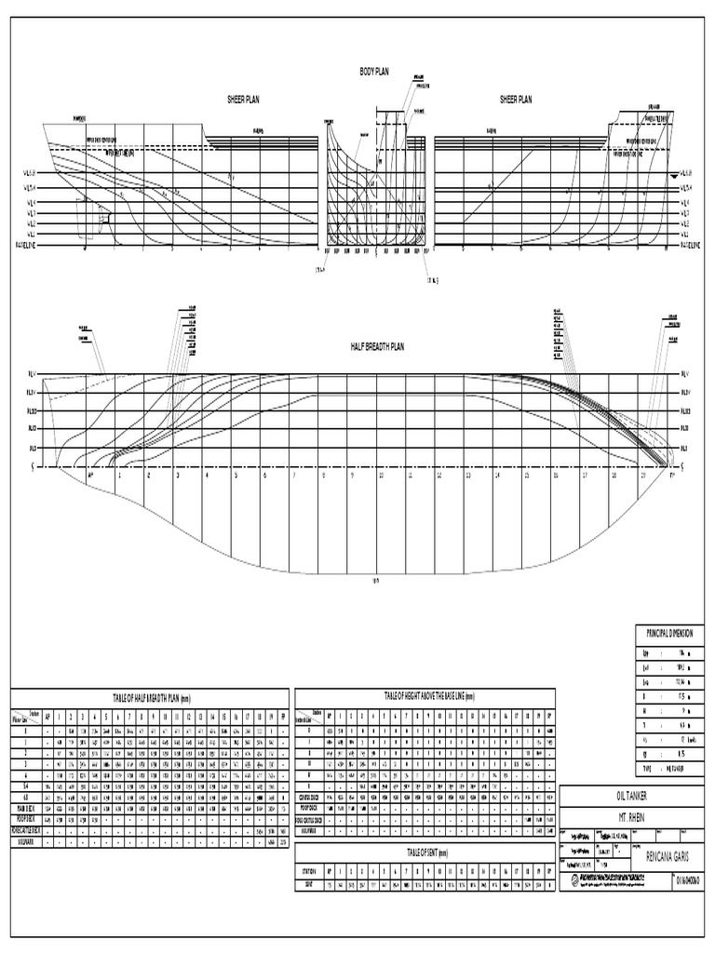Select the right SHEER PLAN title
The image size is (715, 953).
516,98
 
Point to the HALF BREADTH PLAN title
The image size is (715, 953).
377,345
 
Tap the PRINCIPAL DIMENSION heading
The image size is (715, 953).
668,633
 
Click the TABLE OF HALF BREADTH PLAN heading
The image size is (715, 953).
147,697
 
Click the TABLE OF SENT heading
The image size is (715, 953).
425,852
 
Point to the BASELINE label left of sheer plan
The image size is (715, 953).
21,244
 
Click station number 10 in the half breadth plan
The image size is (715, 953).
381,475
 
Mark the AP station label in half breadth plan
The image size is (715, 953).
90,475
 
